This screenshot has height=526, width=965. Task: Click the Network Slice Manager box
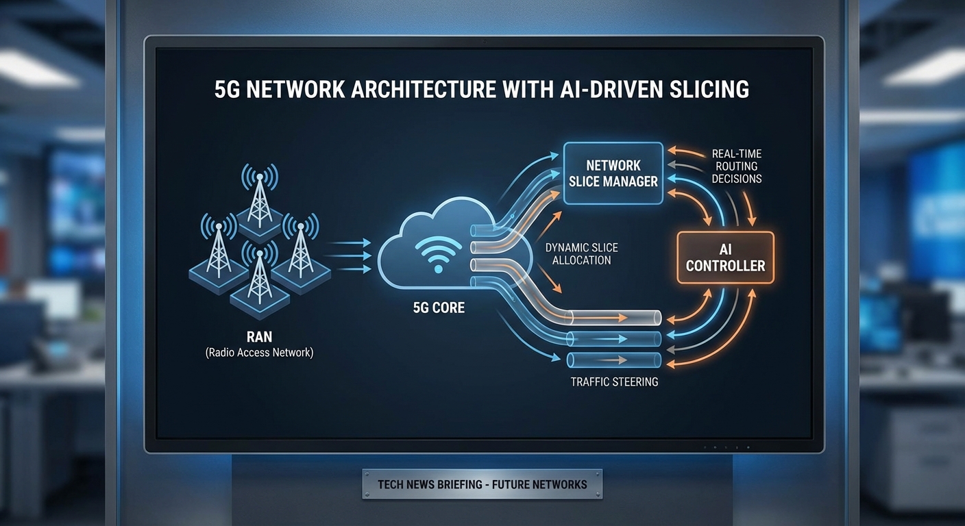click(613, 173)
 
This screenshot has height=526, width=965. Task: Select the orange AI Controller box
click(725, 257)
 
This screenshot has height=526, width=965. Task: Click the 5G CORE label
click(439, 308)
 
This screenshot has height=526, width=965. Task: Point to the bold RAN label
click(259, 336)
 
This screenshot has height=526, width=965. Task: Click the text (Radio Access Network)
click(259, 353)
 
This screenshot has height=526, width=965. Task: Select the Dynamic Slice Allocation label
click(581, 253)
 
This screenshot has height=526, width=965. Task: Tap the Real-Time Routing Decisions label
click(736, 166)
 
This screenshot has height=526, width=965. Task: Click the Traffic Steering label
click(614, 381)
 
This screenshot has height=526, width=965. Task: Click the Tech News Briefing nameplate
click(482, 484)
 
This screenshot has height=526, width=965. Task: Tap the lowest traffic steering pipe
click(613, 360)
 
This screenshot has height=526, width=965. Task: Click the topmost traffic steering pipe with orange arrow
click(613, 317)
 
